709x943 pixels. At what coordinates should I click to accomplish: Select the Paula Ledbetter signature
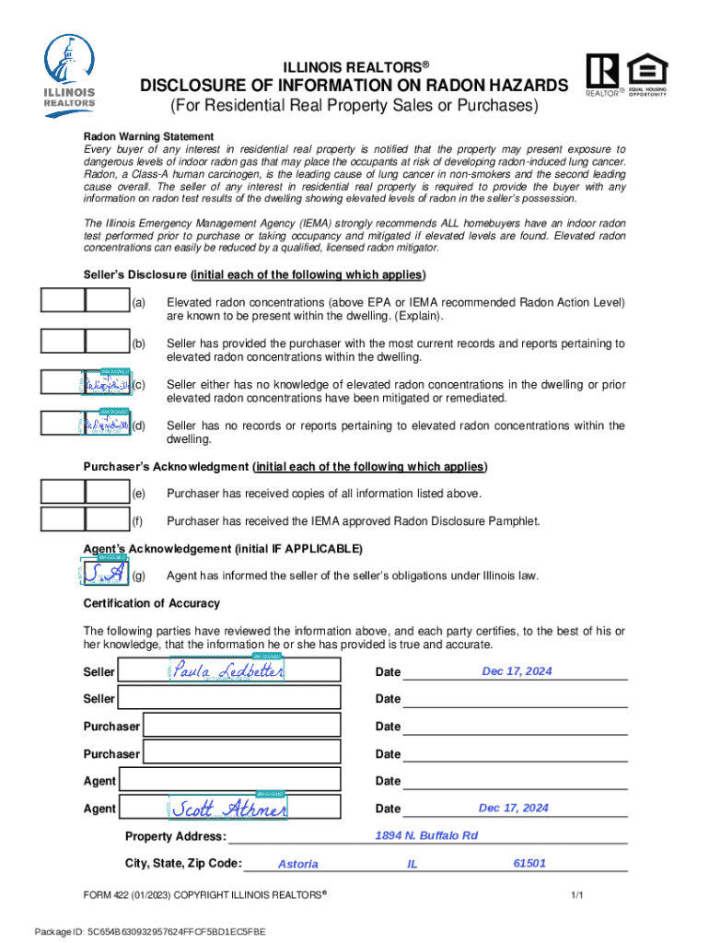click(227, 671)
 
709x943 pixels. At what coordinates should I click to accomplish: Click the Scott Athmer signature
click(228, 809)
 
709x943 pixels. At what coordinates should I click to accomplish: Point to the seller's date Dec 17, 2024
click(517, 671)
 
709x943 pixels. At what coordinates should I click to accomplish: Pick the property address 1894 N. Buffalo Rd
click(426, 835)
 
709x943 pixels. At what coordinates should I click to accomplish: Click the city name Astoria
click(297, 864)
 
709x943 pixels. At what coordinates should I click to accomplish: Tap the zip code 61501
click(529, 863)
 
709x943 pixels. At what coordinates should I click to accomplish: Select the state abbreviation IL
click(413, 864)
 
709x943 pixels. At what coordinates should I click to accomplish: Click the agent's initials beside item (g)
click(103, 575)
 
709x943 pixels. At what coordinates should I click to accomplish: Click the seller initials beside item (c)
click(107, 384)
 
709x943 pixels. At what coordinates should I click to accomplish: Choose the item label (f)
click(138, 521)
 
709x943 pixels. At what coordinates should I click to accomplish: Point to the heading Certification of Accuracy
click(152, 603)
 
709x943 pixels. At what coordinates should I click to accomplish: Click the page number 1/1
click(577, 895)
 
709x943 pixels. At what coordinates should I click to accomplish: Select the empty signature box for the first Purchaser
click(253, 726)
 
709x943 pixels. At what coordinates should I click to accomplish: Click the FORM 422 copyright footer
click(205, 895)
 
